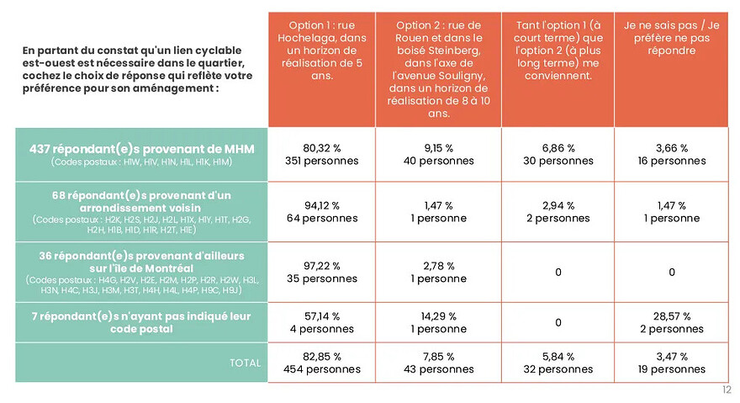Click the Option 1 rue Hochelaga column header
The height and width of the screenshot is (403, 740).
(322, 70)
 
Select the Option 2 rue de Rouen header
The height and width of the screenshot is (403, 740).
(438, 70)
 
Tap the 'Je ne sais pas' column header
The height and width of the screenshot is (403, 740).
(671, 70)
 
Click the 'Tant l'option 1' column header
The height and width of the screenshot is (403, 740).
(558, 70)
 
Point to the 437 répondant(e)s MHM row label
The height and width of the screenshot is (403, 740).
(141, 155)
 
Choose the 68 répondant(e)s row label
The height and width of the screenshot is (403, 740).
(141, 212)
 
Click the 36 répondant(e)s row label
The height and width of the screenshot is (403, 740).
(141, 272)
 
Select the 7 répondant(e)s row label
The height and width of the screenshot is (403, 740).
(141, 323)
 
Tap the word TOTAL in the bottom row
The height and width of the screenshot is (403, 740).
(245, 363)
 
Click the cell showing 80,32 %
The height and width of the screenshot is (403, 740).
(322, 155)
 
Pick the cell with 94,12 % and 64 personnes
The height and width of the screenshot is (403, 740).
(322, 212)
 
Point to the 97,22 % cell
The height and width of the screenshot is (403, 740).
(322, 272)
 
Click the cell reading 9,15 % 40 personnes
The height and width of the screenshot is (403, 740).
(438, 155)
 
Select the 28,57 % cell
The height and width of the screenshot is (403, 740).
(671, 323)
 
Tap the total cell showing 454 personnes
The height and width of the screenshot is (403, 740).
(322, 363)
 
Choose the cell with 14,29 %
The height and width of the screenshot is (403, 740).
(438, 323)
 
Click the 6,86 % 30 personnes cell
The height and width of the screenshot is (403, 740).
(558, 155)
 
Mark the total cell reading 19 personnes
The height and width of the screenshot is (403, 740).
(671, 363)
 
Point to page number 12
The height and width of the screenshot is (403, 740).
(727, 390)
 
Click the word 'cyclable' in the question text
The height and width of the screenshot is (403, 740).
(219, 50)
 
